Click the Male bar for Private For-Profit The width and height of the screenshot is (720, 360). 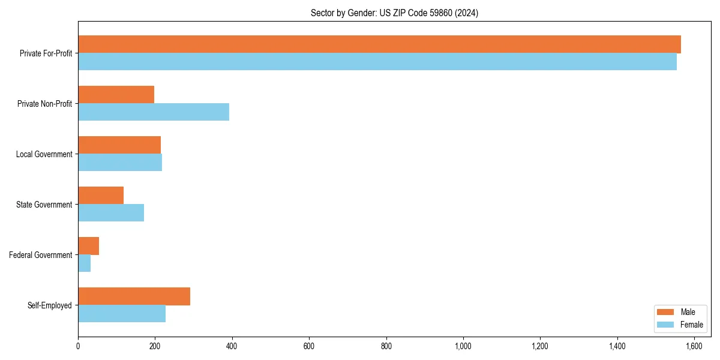[379, 44]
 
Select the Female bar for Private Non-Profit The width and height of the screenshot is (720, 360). [154, 112]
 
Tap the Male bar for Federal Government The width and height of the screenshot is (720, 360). [88, 246]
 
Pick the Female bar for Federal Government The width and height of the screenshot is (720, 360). [85, 263]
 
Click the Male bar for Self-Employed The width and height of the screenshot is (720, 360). [134, 296]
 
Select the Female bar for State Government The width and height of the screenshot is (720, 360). [111, 213]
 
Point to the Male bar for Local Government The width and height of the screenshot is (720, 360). [119, 145]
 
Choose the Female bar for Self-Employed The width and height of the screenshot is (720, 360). [122, 314]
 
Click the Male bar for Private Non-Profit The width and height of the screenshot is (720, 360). [116, 95]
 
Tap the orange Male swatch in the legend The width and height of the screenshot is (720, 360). [666, 312]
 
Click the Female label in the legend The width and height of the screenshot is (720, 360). [691, 325]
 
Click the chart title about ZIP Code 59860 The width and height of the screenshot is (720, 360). [394, 13]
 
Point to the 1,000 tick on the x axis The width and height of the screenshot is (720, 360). [463, 346]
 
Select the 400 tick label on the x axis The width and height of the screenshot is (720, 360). [232, 346]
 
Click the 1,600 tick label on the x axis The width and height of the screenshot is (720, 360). [694, 346]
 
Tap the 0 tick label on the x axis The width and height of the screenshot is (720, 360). [78, 346]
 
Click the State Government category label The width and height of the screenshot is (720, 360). [44, 205]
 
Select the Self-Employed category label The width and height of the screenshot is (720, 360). [50, 305]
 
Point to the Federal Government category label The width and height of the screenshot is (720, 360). [41, 255]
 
